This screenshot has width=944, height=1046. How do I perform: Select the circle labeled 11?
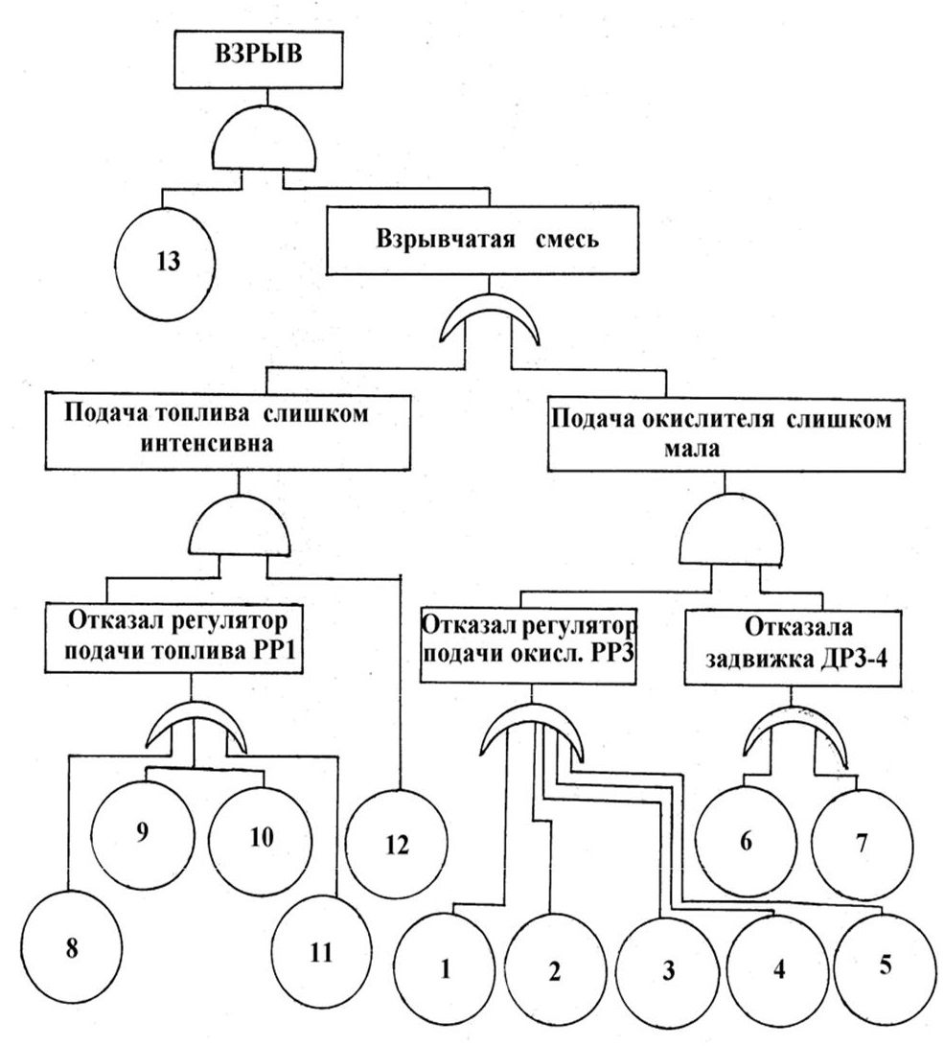[322, 951]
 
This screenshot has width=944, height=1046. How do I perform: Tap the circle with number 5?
[884, 964]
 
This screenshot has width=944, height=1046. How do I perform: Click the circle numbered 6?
[746, 843]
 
